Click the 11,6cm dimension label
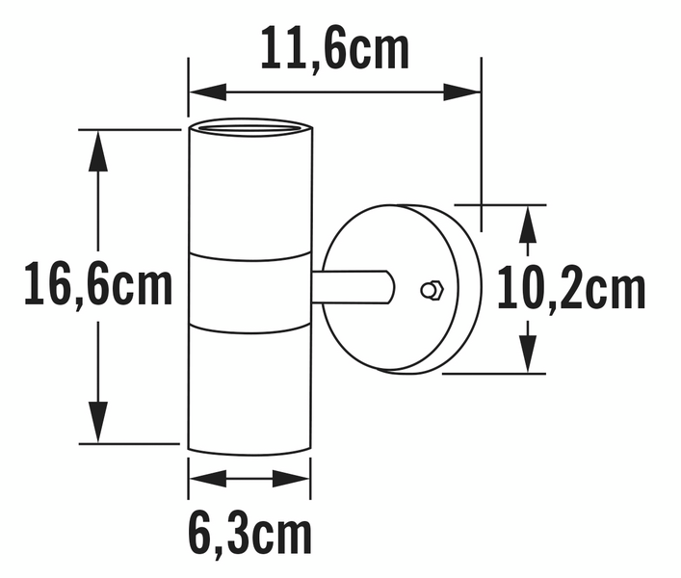(335, 49)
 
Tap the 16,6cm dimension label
(98, 286)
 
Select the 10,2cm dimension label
(570, 289)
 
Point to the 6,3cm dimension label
(249, 536)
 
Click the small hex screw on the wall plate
(431, 289)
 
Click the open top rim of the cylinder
(249, 128)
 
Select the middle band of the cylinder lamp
(249, 289)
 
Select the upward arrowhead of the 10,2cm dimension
(527, 224)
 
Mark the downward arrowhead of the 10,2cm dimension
(527, 354)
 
